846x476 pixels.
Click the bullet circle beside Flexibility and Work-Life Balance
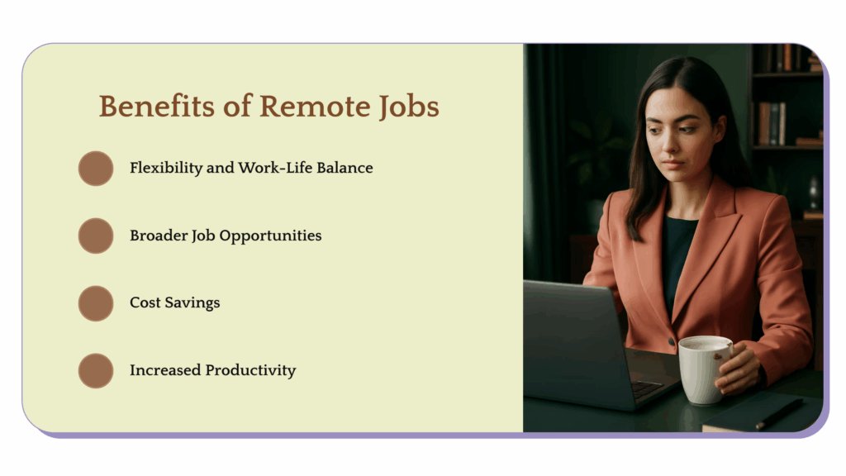96,168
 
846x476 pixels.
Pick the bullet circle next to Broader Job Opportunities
96,236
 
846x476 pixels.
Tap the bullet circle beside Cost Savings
96,303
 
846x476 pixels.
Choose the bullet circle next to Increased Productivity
96,371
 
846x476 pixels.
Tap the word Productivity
251,371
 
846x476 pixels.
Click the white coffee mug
703,369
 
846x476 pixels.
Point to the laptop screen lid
570,339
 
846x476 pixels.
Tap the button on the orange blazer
672,341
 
